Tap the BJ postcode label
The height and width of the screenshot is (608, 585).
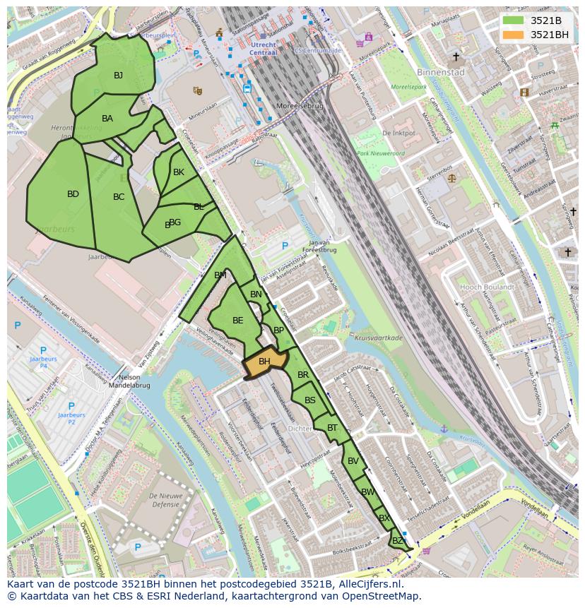[x=118, y=76]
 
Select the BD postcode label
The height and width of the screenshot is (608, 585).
[x=73, y=194]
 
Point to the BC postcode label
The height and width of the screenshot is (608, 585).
[x=119, y=197]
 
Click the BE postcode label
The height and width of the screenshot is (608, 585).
[x=237, y=321]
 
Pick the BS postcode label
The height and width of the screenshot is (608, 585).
[x=310, y=400]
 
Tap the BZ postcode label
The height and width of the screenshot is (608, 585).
[x=397, y=541]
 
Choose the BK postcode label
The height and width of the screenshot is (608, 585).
[x=179, y=172]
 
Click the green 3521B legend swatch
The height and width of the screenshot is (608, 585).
[x=513, y=20]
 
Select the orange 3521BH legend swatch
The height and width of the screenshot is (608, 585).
[x=513, y=35]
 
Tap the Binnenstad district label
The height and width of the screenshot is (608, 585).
[x=441, y=72]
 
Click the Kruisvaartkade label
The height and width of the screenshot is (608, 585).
[x=378, y=338]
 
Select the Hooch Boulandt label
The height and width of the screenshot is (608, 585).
[x=487, y=287]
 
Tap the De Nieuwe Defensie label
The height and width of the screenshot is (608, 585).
[x=166, y=500]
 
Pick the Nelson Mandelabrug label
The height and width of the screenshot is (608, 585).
[x=124, y=381]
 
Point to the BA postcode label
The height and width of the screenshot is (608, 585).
[x=107, y=119]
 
